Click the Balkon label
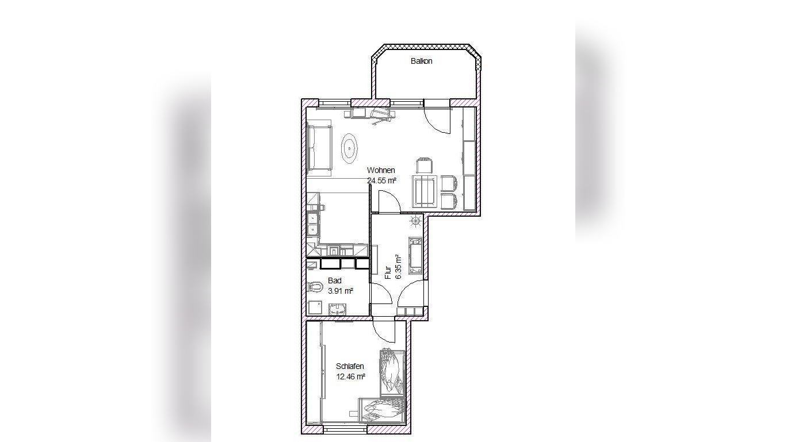421,61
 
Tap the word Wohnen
381,170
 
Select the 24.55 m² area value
382,181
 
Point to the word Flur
388,272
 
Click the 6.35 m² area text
399,267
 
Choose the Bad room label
334,280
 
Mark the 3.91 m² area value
341,291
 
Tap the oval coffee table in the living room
350,149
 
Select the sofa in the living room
319,148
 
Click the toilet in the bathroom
315,287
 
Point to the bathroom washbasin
338,310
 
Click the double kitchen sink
312,224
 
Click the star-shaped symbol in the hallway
416,221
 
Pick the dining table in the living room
425,192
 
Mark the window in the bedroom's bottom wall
345,429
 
